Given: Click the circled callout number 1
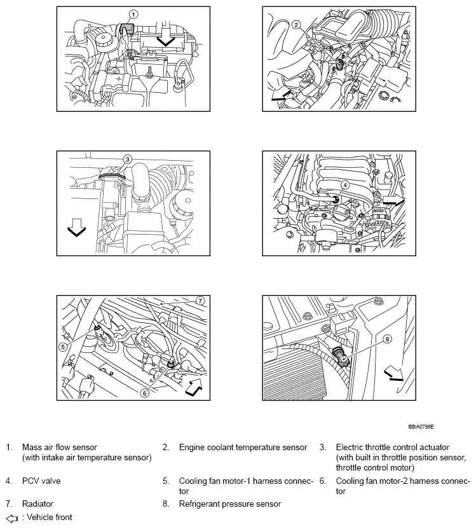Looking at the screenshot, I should [133, 14].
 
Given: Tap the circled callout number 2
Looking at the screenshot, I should [296, 25].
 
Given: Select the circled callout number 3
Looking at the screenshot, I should [127, 160].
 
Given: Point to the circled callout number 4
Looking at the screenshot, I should [344, 185].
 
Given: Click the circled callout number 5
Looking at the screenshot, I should [62, 347].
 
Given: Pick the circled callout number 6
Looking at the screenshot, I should [144, 393].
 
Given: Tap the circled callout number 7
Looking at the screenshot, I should [199, 300].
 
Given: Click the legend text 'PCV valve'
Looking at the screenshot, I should [41, 481].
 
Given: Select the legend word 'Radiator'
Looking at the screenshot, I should [38, 504].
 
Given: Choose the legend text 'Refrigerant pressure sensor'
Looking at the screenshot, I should [229, 504].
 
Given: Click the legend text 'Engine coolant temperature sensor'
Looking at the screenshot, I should [243, 448].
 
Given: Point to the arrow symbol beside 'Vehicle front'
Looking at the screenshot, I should [10, 518].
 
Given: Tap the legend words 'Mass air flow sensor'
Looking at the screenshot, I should [60, 448].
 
